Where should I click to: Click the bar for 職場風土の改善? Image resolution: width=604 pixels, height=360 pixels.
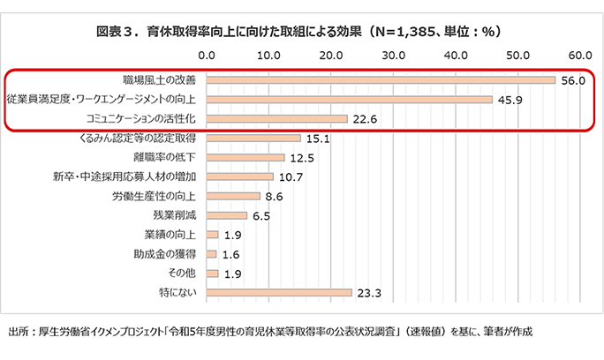point(381,80)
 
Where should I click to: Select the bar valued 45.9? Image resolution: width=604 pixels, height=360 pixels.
point(350,99)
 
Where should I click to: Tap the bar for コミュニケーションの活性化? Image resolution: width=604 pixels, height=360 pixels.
point(277,118)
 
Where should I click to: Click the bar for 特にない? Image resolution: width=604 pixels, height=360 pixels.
point(279,291)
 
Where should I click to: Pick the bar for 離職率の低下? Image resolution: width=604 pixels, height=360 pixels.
point(245,157)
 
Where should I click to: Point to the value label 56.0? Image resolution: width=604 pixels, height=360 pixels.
point(574,80)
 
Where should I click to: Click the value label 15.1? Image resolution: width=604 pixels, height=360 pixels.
point(317,139)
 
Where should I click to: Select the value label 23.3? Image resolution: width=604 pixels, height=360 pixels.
point(368,292)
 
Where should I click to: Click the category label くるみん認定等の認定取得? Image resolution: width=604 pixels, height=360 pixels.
point(140,139)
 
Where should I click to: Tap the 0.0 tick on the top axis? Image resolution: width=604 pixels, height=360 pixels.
point(208,55)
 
